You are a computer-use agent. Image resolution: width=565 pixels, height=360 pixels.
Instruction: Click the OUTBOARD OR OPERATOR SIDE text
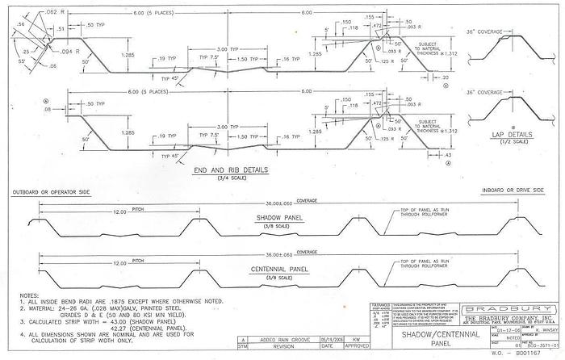click(x=49, y=193)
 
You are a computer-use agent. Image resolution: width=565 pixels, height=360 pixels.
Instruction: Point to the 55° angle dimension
click(x=22, y=61)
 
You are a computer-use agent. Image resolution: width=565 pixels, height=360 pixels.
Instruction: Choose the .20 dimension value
click(x=445, y=79)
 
